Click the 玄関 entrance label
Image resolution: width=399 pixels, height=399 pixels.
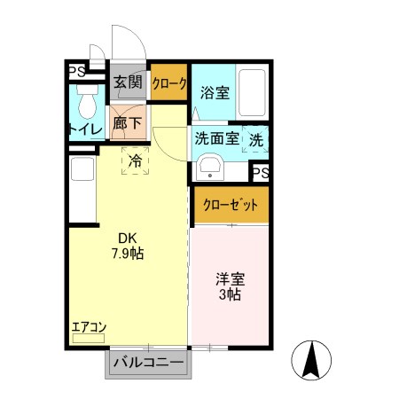tap(128, 82)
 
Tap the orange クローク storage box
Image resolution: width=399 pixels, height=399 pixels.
tap(169, 84)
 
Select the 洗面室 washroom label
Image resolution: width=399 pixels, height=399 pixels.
tap(215, 139)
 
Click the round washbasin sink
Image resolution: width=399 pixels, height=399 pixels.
tap(211, 167)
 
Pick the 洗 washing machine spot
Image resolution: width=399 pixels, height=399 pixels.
tap(255, 139)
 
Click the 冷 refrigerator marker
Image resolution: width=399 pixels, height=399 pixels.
tap(135, 161)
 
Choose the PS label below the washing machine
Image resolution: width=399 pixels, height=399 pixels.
tap(261, 173)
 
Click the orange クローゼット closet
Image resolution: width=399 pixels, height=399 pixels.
tap(231, 205)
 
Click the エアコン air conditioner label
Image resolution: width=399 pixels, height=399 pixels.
tap(89, 327)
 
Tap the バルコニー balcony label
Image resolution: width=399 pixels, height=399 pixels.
tap(148, 364)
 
